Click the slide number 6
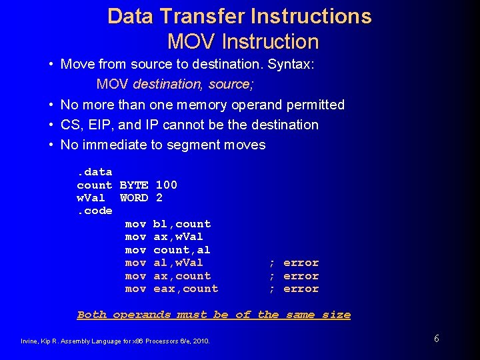(436, 339)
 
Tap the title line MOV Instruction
(243, 41)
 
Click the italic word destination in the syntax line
(168, 85)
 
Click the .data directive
(95, 172)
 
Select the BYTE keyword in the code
(134, 185)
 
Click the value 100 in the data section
(167, 185)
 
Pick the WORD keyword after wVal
(134, 198)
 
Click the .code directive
(95, 211)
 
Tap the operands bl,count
(182, 224)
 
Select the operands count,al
(182, 250)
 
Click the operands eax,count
(186, 289)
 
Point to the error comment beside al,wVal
(301, 263)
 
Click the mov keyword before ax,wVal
(135, 237)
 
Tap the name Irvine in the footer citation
(29, 341)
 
